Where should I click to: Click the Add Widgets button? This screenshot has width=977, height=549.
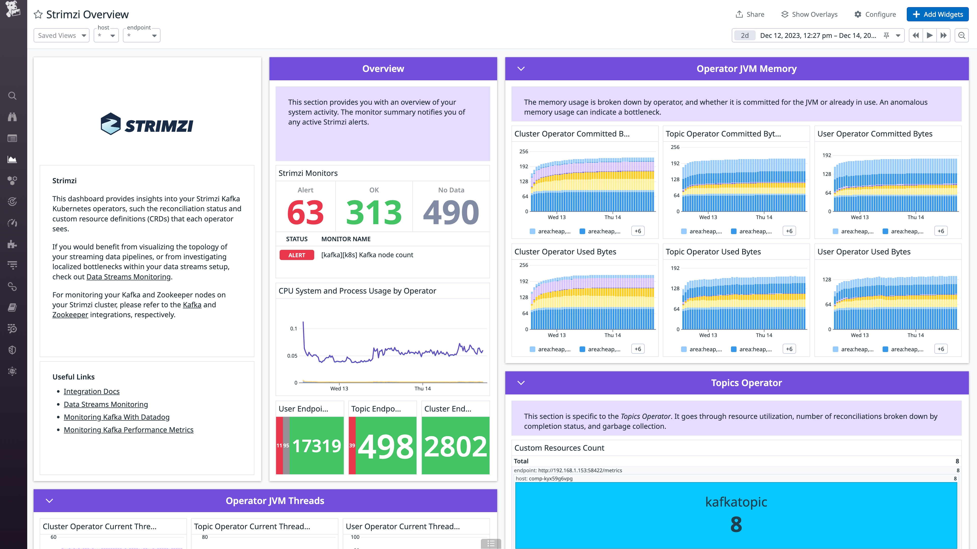(938, 14)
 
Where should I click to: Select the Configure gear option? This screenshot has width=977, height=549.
(875, 14)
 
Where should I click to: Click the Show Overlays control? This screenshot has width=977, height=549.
(809, 14)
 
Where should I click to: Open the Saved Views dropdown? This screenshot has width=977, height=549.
(61, 36)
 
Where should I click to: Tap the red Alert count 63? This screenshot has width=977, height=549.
(305, 212)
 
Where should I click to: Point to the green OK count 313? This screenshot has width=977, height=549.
(374, 212)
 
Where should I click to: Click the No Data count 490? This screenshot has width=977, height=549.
(451, 212)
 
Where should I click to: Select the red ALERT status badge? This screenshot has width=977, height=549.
(297, 255)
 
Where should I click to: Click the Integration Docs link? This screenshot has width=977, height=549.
(91, 391)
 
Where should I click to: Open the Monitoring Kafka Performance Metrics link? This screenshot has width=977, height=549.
(128, 430)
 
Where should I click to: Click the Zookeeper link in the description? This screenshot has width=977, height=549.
(70, 315)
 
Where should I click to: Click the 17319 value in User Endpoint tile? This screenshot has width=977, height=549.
(317, 446)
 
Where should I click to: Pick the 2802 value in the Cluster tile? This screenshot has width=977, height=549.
(455, 446)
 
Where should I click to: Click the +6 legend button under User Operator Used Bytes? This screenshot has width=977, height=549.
(941, 349)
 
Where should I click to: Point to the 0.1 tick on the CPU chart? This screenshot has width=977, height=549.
(294, 328)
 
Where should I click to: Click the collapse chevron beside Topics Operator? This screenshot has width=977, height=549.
(521, 383)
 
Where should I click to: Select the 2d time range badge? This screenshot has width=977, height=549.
(744, 36)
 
